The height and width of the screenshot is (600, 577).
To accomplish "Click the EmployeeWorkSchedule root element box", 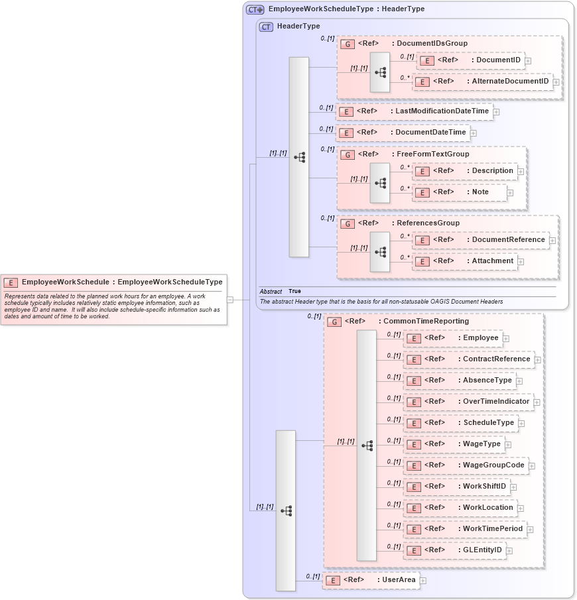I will pyautogui.click(x=113, y=282).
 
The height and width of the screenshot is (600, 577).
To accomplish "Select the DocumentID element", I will pyautogui.click(x=471, y=60).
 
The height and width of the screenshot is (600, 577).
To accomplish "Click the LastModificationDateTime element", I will pyautogui.click(x=415, y=111).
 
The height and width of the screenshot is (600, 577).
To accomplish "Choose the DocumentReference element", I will pyautogui.click(x=481, y=240).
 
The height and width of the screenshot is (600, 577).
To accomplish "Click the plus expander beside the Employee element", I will pyautogui.click(x=506, y=339).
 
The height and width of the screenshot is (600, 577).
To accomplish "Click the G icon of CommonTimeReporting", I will pyautogui.click(x=334, y=322).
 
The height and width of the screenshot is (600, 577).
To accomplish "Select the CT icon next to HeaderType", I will pyautogui.click(x=266, y=27).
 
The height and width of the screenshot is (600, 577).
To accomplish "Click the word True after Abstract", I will pyautogui.click(x=294, y=292).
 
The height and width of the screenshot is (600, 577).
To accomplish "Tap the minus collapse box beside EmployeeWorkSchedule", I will pyautogui.click(x=230, y=300).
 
